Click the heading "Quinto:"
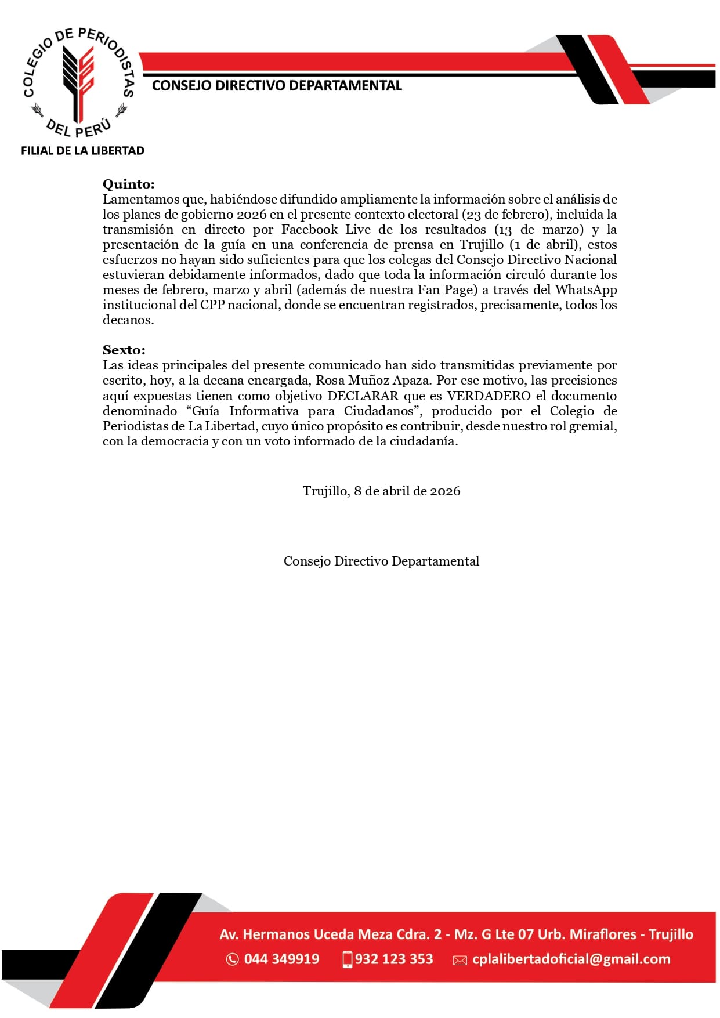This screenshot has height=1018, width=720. pos(128,184)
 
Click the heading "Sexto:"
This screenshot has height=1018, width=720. pos(124,350)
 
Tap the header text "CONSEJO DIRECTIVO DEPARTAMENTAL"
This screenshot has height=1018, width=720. pos(277,86)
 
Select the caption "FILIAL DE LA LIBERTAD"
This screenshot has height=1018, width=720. pos(82,151)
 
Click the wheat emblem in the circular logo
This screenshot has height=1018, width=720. pos(78,81)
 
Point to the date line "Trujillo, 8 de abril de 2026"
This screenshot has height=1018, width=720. pos(381,491)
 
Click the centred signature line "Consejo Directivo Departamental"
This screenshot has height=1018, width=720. pos(381,561)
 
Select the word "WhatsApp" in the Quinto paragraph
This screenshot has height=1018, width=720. pos(585,289)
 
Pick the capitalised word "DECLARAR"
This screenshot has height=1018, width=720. pos(363,396)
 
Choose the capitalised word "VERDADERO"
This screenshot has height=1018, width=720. pos(489,396)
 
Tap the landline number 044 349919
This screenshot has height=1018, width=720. pos(281,959)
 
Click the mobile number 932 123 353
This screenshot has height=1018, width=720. pos(394,959)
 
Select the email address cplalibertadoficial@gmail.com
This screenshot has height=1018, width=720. pos(571,959)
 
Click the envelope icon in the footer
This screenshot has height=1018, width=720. pos(460,960)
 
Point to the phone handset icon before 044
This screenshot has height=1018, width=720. pos(232,959)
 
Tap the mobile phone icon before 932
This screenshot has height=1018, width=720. pos(348,959)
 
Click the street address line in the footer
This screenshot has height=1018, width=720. pos(456,934)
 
